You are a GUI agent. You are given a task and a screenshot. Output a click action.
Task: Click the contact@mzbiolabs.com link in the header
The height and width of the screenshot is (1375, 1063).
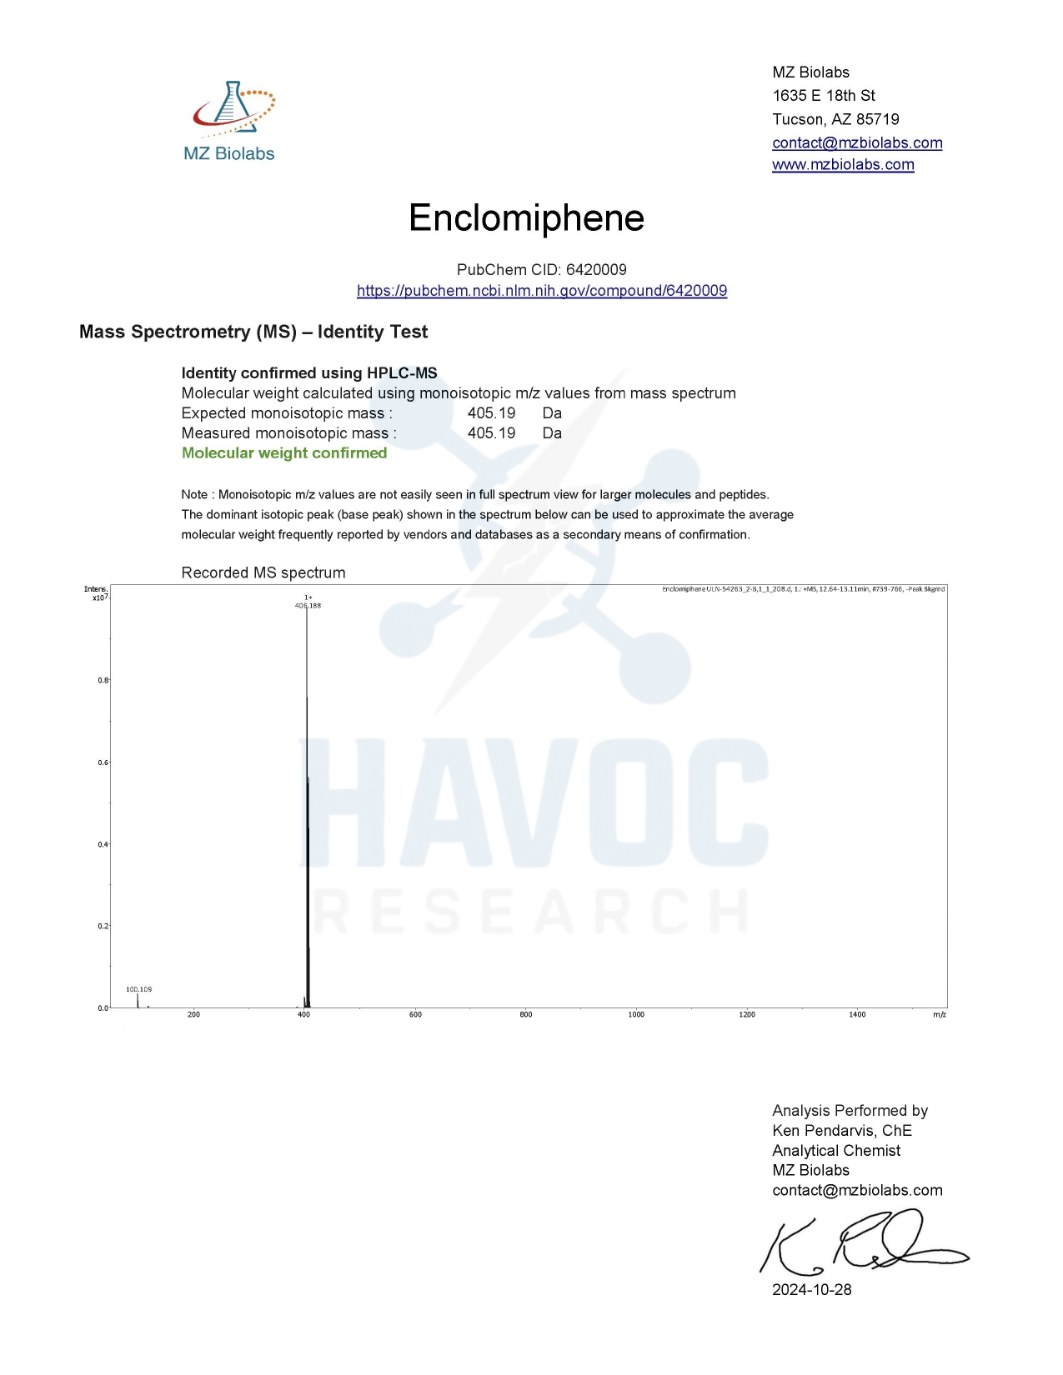coord(857,142)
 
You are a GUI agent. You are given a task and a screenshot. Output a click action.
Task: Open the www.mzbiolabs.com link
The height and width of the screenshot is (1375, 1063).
coord(843,165)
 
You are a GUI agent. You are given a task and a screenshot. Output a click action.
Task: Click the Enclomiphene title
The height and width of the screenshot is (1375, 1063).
coord(526,218)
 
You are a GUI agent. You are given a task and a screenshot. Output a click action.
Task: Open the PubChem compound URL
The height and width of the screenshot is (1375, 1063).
coord(542,291)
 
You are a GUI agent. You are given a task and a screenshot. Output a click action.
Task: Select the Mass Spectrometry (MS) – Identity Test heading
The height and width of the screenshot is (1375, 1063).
coord(253,332)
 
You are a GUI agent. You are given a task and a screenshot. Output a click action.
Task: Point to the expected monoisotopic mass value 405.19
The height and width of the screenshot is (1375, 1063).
coord(491,413)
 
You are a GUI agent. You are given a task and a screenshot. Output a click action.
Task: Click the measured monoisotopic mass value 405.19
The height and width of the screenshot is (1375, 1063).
coord(491,433)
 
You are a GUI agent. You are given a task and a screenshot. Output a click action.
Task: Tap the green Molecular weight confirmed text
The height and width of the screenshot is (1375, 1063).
coord(284,453)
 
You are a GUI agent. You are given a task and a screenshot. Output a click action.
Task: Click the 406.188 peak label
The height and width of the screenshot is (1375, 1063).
coord(308,606)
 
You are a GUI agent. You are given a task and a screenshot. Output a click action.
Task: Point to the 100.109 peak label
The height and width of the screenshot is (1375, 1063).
coord(139,989)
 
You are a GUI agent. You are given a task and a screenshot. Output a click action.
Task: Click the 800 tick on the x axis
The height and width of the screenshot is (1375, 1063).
coord(526,1015)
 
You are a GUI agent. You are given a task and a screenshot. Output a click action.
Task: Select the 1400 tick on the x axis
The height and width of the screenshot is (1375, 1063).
coord(857,1015)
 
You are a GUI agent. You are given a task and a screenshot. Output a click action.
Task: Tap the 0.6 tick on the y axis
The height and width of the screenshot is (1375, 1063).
coord(103,762)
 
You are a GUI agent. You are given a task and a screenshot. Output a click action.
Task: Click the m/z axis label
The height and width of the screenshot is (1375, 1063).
coord(940,1015)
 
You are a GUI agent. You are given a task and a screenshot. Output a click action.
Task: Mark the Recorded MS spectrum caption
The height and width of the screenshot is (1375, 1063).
coord(263,573)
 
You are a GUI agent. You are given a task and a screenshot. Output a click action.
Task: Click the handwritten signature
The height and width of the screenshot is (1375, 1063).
coord(863,1244)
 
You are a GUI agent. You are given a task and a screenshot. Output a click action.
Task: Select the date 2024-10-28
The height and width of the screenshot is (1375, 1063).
coord(812,1290)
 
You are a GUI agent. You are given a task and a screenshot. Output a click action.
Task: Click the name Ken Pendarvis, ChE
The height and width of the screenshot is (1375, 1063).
coord(842,1131)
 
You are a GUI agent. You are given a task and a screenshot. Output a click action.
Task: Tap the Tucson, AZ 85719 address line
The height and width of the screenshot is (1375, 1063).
coord(835,119)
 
